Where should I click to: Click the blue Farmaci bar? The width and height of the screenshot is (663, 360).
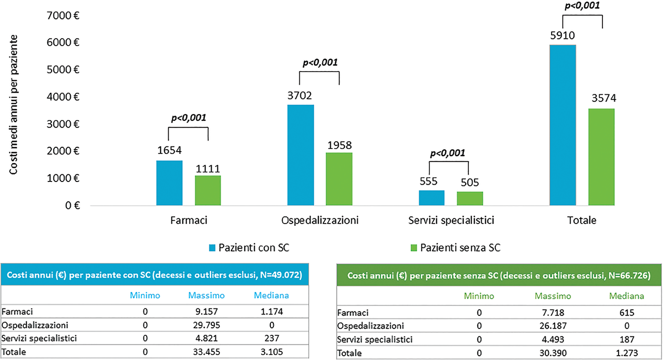coord(169,183)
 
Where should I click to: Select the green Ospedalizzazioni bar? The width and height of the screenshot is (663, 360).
coord(339,179)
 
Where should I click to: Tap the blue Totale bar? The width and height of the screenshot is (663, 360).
coord(563,126)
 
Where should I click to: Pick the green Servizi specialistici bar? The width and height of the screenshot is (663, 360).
coord(470,198)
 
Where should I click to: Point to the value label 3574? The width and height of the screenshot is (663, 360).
coord(601,101)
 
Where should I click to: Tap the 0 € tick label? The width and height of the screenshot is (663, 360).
coord(71,206)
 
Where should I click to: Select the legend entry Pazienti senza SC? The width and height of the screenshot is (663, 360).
coord(460,247)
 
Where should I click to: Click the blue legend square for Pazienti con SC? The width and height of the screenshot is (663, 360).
coord(212,247)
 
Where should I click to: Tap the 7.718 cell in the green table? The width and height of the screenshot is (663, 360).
coord(552,313)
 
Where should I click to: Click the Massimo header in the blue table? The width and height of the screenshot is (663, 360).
coord(206,296)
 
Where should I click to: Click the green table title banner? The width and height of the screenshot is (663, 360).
coord(498,275)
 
